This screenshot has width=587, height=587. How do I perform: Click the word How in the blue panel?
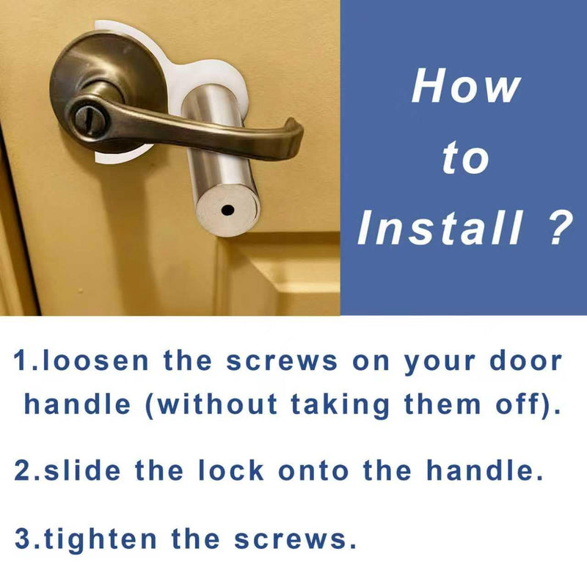coord(466,85)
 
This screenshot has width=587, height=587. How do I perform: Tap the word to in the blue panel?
coord(465,158)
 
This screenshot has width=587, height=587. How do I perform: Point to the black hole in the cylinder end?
coord(227,210)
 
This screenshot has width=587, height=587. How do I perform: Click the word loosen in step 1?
coord(95,361)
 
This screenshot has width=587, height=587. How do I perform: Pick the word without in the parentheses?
coord(217,405)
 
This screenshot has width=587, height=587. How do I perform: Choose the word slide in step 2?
coord(82,470)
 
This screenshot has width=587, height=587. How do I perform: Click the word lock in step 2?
coord(230,470)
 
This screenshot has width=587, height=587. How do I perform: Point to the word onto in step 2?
coord(313,471)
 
